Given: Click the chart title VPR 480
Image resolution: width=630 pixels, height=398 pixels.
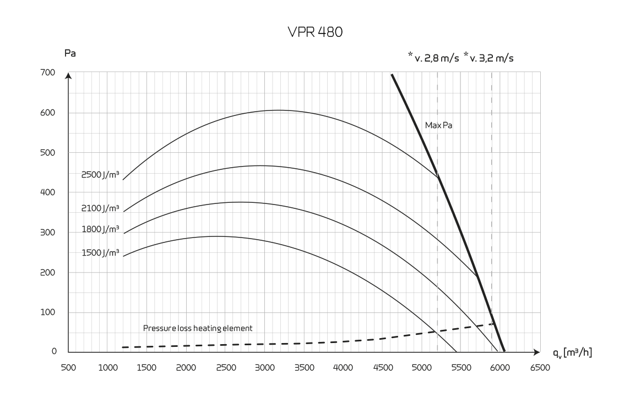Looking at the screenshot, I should click(315, 34).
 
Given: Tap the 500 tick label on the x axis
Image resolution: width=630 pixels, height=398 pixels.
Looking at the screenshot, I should click(68, 367).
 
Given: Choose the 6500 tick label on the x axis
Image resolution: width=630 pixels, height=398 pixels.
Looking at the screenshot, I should click(539, 367).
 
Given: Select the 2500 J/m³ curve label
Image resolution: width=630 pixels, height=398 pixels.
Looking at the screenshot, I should click(100, 175).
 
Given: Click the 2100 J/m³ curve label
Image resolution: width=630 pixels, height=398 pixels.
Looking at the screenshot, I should click(100, 208).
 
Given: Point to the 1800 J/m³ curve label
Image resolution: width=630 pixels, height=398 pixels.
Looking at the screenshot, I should click(100, 229).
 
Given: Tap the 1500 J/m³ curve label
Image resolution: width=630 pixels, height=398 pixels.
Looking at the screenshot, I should click(100, 252).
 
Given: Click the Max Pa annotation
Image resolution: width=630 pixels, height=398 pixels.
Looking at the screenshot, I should click(439, 125).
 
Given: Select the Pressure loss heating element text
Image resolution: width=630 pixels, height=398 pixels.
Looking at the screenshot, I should click(198, 328).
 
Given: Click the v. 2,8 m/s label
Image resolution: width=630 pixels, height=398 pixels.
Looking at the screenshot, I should click(433, 58).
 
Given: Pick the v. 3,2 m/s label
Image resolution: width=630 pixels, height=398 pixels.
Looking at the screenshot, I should click(488, 58).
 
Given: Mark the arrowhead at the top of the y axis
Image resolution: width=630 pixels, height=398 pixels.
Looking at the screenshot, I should click(68, 75).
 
